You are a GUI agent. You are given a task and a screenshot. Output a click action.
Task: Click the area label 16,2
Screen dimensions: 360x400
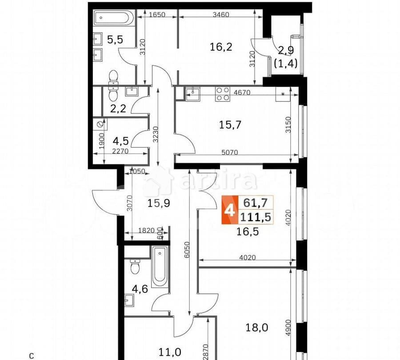[220, 46]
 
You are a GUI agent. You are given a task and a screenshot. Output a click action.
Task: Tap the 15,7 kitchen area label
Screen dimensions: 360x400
[230, 125]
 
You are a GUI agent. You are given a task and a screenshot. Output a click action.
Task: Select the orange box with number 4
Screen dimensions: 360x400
[230, 210]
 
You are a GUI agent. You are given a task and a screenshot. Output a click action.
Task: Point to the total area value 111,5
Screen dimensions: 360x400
[256, 217]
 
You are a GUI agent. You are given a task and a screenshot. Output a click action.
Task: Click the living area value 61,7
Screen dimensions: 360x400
[256, 203]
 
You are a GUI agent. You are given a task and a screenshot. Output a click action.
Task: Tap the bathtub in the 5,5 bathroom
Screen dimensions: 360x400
[112, 19]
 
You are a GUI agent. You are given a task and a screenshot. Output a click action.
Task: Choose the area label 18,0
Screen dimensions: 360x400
[256, 328]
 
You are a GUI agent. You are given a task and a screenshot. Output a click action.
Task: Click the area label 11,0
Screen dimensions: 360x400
[170, 352]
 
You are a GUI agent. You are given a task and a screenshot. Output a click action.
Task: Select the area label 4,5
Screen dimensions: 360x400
[121, 141]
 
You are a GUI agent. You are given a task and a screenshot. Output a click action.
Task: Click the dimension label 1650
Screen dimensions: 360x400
[156, 15]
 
